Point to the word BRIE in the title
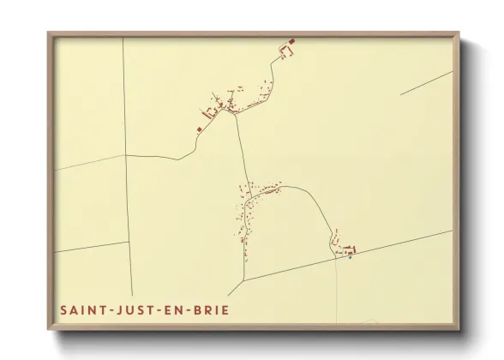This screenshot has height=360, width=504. [213, 309]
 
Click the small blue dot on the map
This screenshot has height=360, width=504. [351, 256]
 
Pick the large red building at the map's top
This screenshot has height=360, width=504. [291, 41]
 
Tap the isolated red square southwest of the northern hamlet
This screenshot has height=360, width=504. [199, 129]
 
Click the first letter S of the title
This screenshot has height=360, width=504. [63, 309]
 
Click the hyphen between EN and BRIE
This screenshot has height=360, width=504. [193, 309]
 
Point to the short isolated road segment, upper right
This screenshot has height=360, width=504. [426, 82]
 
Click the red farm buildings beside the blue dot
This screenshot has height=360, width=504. [345, 249]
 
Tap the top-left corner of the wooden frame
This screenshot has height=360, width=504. [49, 33]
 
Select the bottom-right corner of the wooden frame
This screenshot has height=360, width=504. [459, 329]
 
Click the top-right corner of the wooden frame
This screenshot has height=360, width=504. [459, 33]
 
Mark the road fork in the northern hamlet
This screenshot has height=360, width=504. [236, 111]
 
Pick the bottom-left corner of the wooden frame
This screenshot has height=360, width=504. [49, 329]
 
